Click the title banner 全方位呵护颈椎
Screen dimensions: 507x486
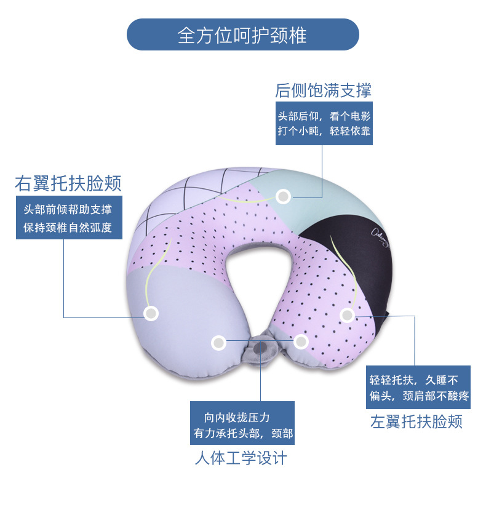pyautogui.click(x=242, y=34)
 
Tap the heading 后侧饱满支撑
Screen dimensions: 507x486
pyautogui.click(x=323, y=91)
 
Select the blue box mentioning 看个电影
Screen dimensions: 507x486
pyautogui.click(x=324, y=123)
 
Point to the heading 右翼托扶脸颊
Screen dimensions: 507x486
pyautogui.click(x=68, y=183)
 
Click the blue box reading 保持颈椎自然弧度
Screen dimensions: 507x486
pyautogui.click(x=68, y=218)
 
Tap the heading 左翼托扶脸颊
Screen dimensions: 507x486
pyautogui.click(x=416, y=421)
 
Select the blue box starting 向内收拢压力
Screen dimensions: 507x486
pyautogui.click(x=241, y=425)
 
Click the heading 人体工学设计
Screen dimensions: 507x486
pyautogui.click(x=241, y=458)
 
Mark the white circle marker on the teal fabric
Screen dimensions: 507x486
pyautogui.click(x=283, y=196)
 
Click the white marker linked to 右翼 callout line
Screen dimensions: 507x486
pyautogui.click(x=151, y=313)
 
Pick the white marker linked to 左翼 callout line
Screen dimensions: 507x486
pyautogui.click(x=348, y=315)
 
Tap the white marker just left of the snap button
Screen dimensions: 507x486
pyautogui.click(x=218, y=343)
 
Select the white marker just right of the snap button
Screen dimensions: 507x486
pyautogui.click(x=301, y=341)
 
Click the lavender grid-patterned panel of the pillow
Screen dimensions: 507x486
pyautogui.click(x=185, y=197)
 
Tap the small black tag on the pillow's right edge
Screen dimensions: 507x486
pyautogui.click(x=391, y=317)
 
